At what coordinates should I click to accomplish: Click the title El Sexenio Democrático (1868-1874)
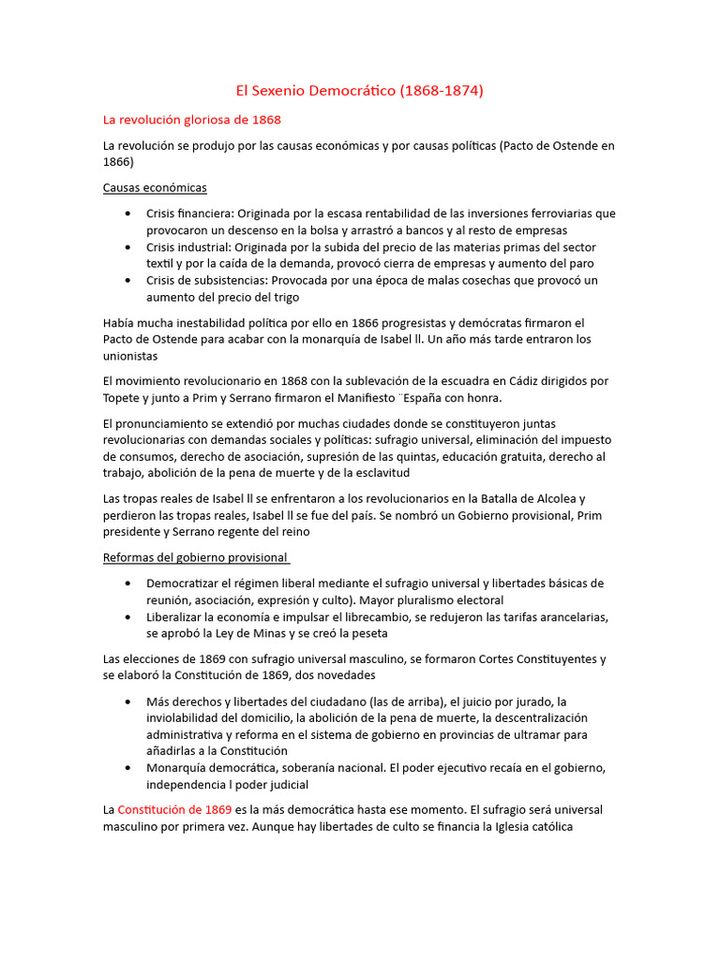coord(359,91)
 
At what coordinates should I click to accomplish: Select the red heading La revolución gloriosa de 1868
coord(191,120)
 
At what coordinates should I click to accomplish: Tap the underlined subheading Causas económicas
coord(155,187)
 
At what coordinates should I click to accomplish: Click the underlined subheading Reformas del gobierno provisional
coord(195,557)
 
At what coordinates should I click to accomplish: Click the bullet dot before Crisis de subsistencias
coord(127,280)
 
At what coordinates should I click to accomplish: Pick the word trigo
coord(283,297)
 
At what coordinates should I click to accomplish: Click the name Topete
coord(124,398)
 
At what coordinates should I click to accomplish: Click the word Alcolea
coord(552,498)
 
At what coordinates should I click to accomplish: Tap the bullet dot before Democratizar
coord(127,583)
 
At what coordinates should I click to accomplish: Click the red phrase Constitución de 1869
coord(174,809)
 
